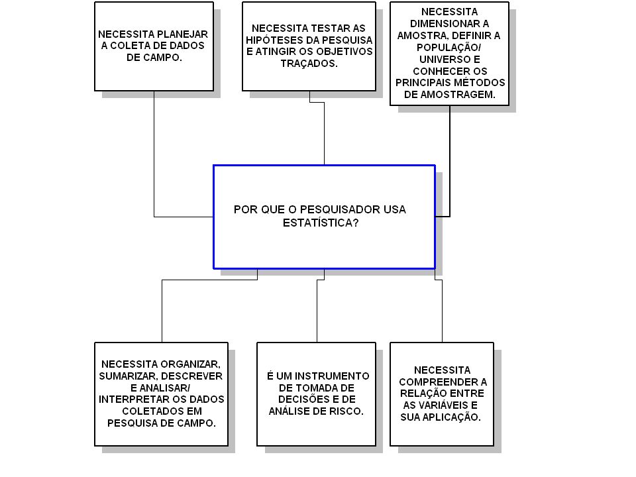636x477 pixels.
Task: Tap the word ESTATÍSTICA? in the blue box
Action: click(x=321, y=223)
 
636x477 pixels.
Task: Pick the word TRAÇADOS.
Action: click(x=309, y=64)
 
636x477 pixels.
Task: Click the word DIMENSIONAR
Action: click(x=445, y=24)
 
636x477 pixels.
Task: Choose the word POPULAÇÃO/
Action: click(x=449, y=48)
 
